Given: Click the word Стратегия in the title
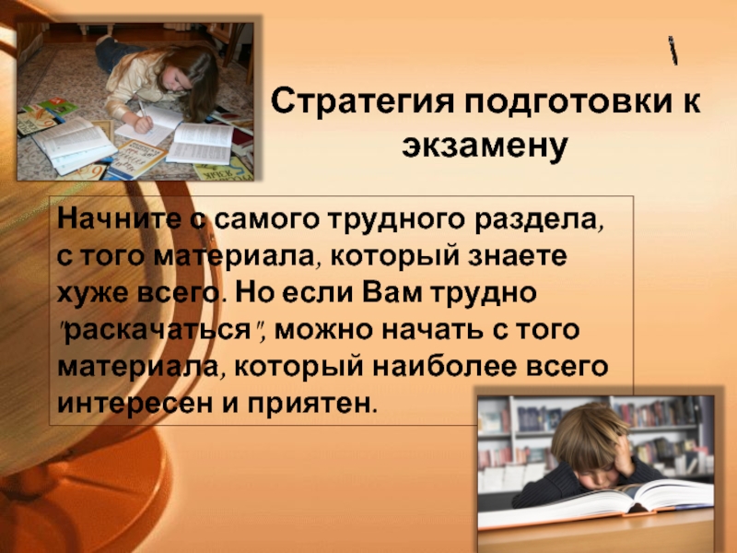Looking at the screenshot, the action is [362, 102].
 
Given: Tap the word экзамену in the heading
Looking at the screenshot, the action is [485, 145].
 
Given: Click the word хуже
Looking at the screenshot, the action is [93, 293].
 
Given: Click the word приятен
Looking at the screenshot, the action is [311, 404].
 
